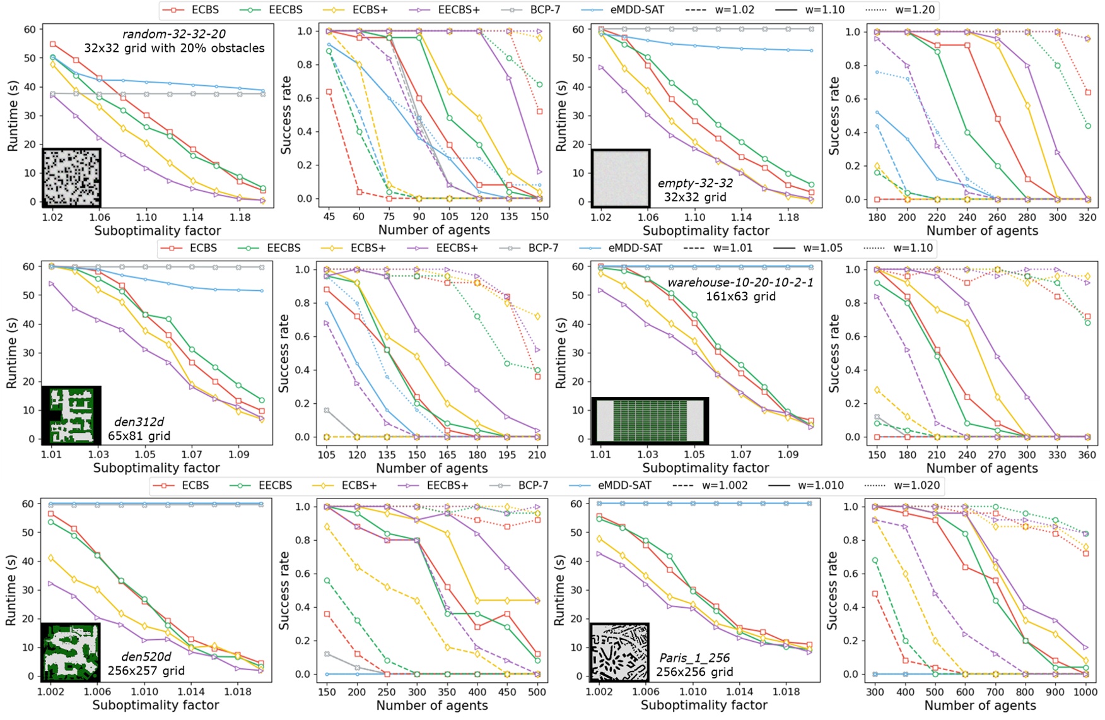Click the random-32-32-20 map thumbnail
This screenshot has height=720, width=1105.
tap(71, 178)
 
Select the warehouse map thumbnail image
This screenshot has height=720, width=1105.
tap(650, 420)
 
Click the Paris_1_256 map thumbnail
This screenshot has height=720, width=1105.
tap(619, 652)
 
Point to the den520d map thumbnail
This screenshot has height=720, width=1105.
tap(71, 652)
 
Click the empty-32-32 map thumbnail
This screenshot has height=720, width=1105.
tap(621, 178)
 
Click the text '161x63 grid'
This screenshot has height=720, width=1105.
tap(740, 296)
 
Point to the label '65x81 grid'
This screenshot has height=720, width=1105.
tap(139, 435)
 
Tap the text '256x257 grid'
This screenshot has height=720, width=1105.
tap(146, 670)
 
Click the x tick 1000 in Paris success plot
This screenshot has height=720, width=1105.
tap(1084, 692)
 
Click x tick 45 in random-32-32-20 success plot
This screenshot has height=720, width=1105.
tap(329, 216)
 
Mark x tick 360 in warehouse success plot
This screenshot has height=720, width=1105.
tap(1087, 454)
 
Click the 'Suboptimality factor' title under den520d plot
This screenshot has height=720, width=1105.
tap(156, 705)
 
